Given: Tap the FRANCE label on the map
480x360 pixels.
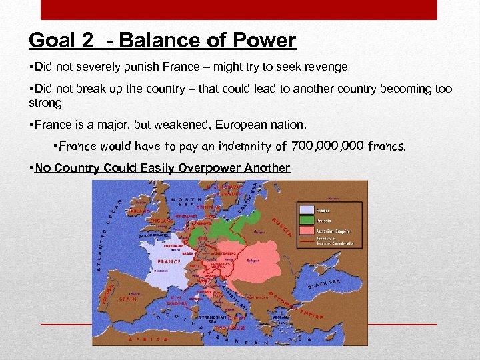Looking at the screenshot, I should click(169, 261).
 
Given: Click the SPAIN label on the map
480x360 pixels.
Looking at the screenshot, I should click(128, 299).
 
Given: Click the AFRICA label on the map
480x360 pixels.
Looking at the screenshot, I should click(147, 339).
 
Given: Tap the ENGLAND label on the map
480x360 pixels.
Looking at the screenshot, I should click(161, 220).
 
